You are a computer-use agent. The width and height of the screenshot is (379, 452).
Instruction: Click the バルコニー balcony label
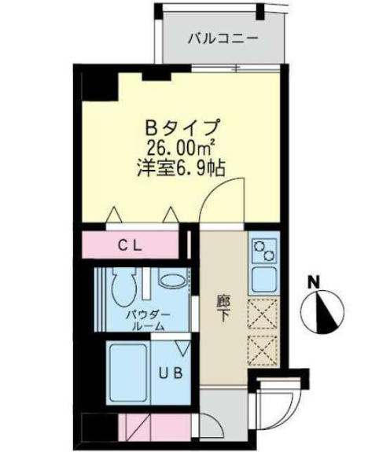(223, 38)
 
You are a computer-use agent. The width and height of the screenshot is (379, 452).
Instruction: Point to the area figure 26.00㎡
(181, 146)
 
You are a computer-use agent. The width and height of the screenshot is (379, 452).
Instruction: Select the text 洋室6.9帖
(181, 167)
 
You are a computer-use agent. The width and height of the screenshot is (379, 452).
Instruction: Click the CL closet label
(129, 245)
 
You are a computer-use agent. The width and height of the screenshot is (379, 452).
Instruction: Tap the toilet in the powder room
(124, 289)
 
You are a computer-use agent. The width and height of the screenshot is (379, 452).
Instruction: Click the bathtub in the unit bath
(126, 370)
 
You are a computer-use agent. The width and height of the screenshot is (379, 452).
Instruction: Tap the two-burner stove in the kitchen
(262, 252)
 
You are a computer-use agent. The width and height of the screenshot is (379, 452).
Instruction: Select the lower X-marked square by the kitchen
(262, 349)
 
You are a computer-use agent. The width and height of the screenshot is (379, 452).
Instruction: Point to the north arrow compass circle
(325, 308)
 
